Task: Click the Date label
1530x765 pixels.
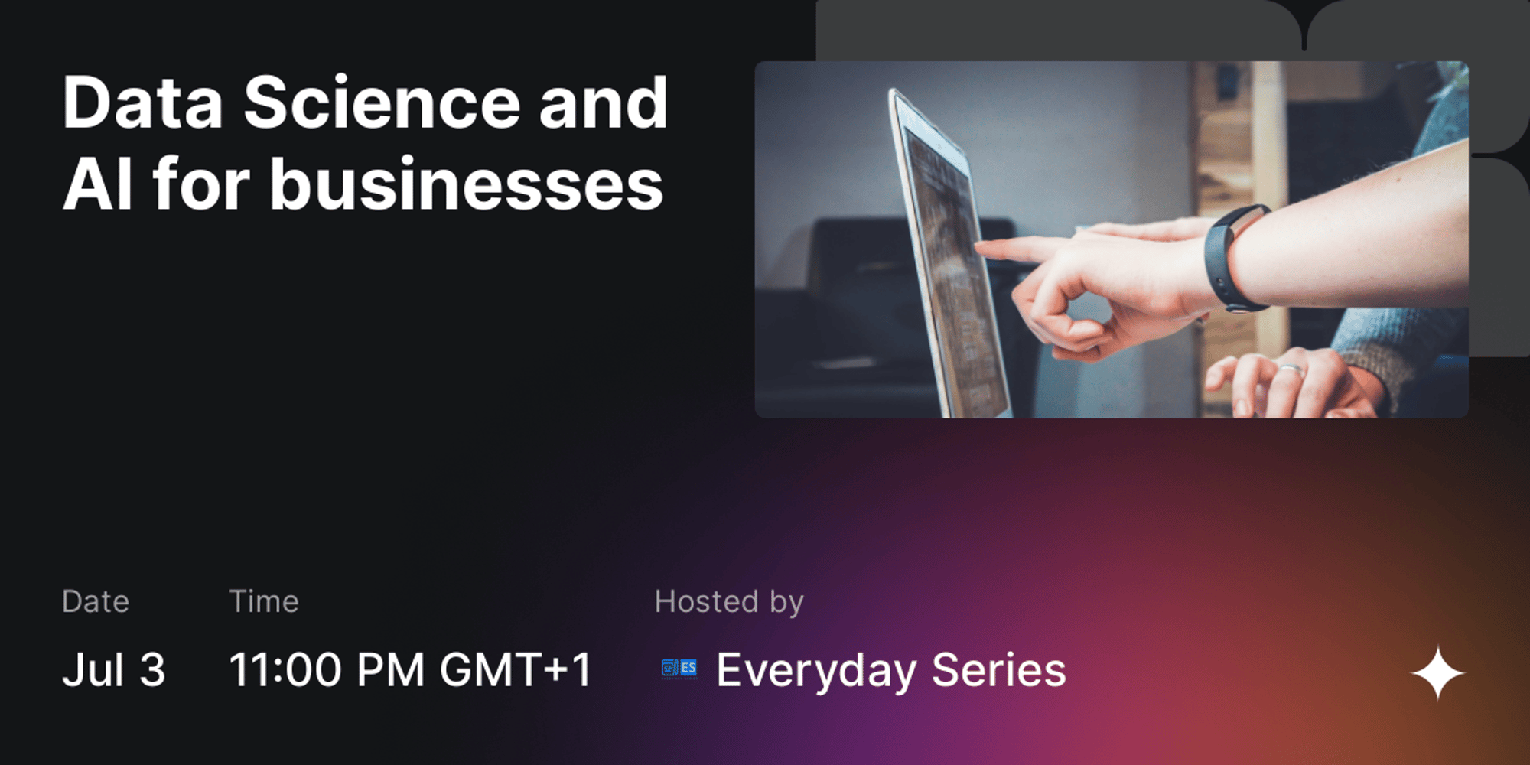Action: tap(96, 601)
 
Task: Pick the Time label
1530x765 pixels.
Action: tap(264, 601)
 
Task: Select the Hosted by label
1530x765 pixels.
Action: tap(729, 602)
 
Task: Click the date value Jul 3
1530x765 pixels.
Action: tap(114, 669)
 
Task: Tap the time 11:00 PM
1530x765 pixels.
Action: tap(327, 669)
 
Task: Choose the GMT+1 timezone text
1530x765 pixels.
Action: tap(516, 669)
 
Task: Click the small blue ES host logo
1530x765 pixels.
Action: tap(679, 669)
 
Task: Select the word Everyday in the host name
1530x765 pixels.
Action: tap(816, 671)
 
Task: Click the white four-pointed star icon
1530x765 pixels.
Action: tap(1438, 673)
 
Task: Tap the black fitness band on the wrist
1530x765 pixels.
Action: tap(1232, 258)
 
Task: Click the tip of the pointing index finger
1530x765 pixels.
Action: tap(980, 247)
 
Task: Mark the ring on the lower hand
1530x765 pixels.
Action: tap(1291, 371)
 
